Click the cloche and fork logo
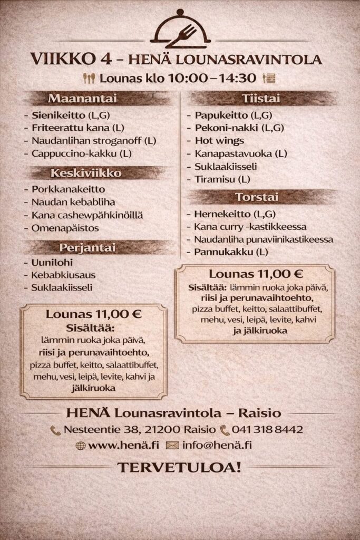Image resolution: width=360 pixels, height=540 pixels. tap(180, 30)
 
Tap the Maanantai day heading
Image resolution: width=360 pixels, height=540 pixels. tap(82, 99)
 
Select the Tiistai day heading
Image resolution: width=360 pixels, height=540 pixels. tap(261, 99)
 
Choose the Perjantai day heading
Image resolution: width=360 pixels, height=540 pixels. tap(87, 247)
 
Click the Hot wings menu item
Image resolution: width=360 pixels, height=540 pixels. tap(219, 141)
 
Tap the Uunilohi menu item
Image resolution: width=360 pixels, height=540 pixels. tap(52, 262)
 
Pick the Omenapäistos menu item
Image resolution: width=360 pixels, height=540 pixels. tap(65, 228)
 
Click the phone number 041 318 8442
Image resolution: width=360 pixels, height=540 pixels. tap(267, 430)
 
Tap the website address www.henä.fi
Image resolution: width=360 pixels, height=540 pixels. tap(123, 445)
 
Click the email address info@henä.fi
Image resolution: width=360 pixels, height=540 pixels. tap(217, 445)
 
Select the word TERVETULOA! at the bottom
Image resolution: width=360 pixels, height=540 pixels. tap(179, 467)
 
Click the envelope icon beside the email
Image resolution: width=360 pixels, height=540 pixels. tap(172, 446)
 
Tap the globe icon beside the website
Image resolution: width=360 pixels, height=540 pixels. tap(81, 446)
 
